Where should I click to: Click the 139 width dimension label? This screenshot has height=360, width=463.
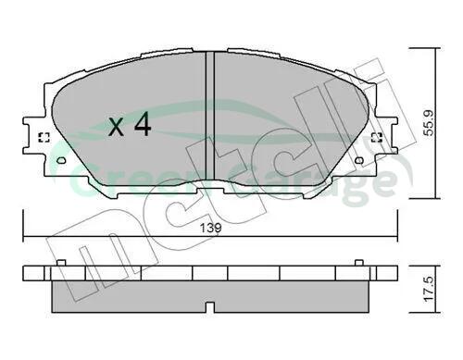(211, 229)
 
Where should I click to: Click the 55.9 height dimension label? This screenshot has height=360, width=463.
(429, 123)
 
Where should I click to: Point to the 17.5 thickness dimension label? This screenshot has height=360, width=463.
(429, 289)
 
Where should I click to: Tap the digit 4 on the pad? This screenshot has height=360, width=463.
(142, 124)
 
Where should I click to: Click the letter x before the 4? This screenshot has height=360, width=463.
(116, 128)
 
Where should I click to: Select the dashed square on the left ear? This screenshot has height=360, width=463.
(44, 138)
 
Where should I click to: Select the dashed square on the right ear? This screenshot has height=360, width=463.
(377, 138)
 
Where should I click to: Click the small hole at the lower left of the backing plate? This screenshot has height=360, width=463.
(62, 160)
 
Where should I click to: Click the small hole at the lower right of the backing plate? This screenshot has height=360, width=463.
(359, 160)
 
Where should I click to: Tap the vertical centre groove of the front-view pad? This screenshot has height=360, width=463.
(210, 117)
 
